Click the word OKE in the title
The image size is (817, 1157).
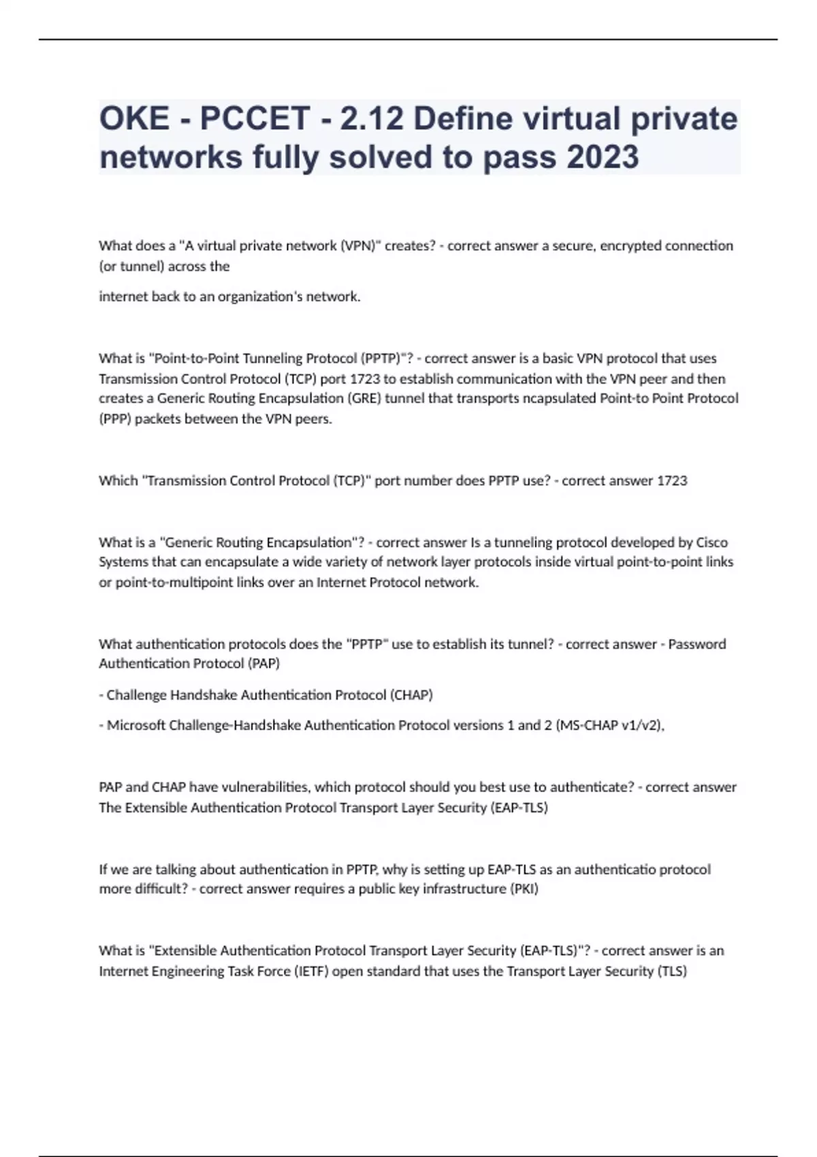[x=134, y=118]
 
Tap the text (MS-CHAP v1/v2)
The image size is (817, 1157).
[x=609, y=726]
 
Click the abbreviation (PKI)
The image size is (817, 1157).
[x=524, y=889]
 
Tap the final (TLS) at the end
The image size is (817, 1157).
[x=671, y=971]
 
